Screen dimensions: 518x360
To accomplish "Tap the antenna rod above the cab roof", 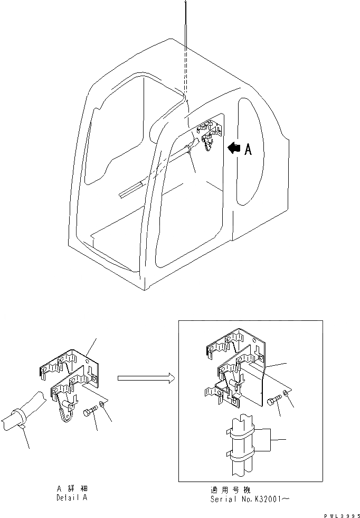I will pyautogui.click(x=186, y=32).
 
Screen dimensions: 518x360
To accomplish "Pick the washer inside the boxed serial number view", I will pyautogui.click(x=286, y=393).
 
